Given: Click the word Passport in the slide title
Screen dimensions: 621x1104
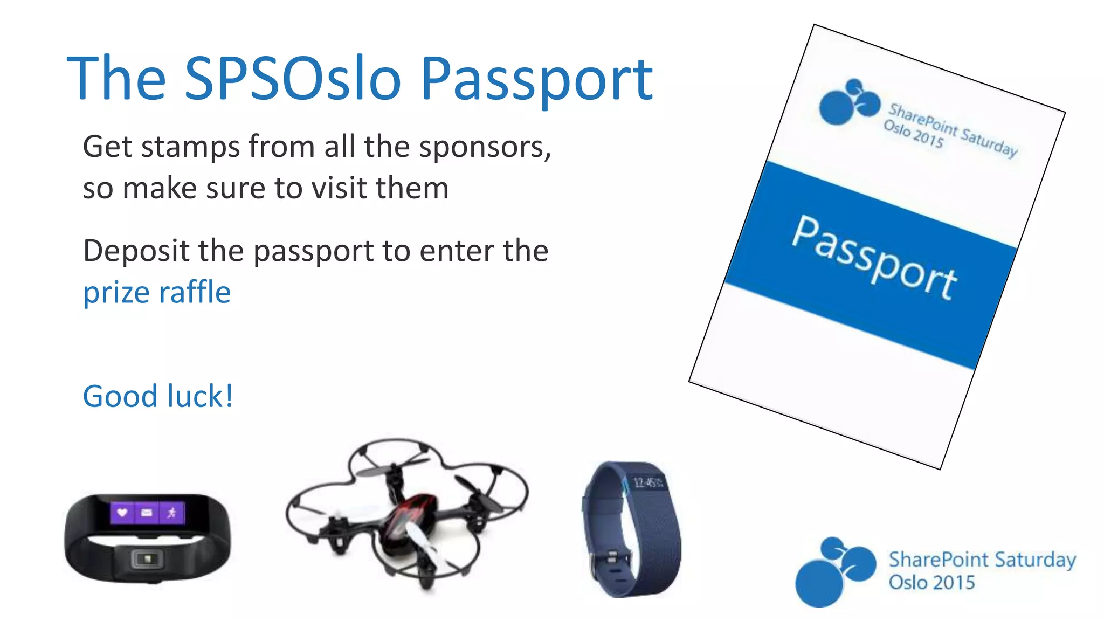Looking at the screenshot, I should (536, 81).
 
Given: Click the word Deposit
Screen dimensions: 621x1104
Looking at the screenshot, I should (136, 251).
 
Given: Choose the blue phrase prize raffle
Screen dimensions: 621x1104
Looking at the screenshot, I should (156, 292).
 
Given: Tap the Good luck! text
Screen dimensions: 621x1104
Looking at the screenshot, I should (157, 396).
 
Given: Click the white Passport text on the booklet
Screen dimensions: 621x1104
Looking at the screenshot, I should (873, 258).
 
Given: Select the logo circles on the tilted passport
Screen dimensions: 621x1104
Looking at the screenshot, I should (848, 102).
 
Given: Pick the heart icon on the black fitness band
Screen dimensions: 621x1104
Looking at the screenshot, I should (122, 512).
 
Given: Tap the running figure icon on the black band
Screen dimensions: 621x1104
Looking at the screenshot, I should (172, 512).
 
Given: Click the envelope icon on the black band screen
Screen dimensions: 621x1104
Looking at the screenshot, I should (147, 512).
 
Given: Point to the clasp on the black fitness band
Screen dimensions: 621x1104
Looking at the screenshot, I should (147, 559).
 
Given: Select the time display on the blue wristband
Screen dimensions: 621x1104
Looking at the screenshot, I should (646, 482).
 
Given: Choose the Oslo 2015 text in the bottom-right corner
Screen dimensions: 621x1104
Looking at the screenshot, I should (931, 583).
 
